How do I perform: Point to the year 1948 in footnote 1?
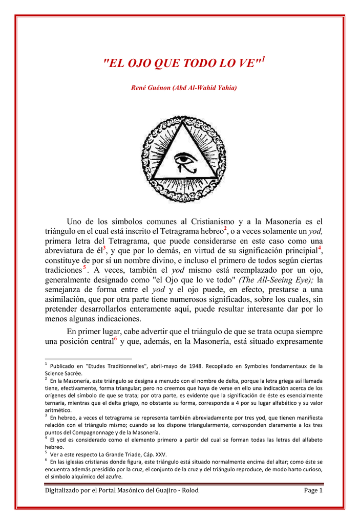(x=196, y=366)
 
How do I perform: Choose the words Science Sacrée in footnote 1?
(x=63, y=373)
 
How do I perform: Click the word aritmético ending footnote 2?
(x=58, y=410)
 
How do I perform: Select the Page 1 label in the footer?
(x=313, y=490)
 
